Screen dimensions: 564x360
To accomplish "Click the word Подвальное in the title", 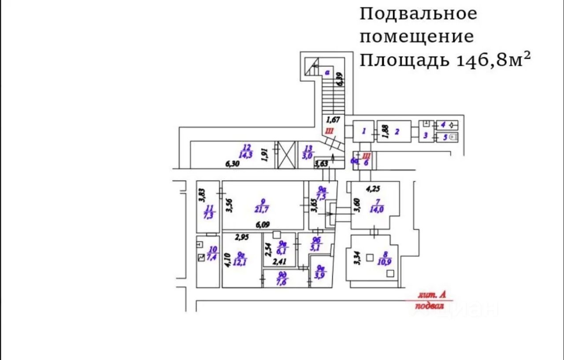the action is click(418, 14).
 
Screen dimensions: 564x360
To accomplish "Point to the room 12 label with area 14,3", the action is click(246, 151).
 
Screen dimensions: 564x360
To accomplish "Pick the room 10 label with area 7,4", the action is click(212, 254).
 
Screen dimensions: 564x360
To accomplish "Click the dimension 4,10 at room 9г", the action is click(227, 260).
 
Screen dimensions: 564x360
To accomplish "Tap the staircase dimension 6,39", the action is click(339, 79).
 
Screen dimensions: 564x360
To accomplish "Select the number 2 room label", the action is click(397, 131).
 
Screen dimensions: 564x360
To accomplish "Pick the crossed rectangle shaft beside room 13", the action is click(286, 155).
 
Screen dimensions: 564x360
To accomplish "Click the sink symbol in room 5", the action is click(454, 137).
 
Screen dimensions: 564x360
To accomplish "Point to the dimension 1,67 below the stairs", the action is click(334, 119).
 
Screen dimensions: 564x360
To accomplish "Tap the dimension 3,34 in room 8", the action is click(358, 257).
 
